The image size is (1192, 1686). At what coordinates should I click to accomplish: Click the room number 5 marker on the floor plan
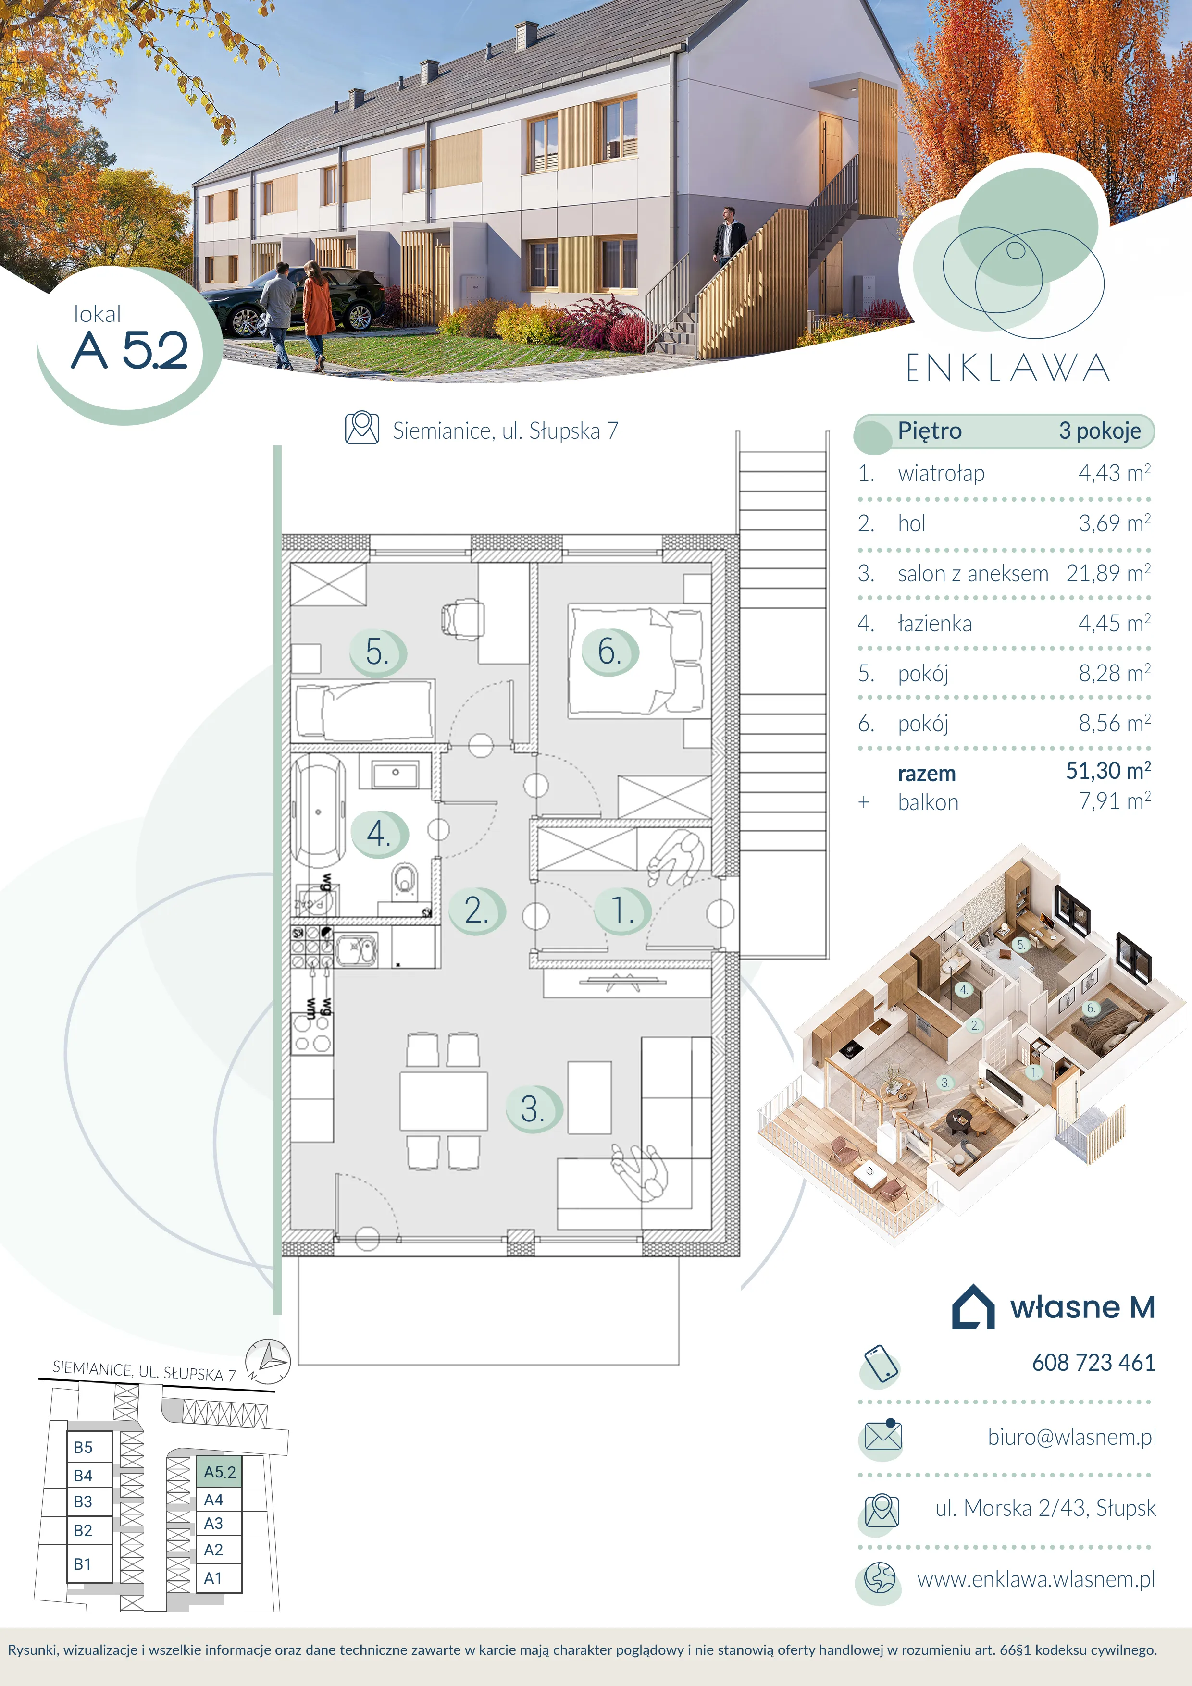pos(377,652)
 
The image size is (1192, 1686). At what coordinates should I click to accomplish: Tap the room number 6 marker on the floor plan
pos(609,652)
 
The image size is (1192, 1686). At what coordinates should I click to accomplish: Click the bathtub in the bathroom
pos(318,812)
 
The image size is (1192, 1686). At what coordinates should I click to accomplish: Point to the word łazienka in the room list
pos(935,624)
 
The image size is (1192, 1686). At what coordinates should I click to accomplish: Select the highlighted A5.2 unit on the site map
pos(219,1472)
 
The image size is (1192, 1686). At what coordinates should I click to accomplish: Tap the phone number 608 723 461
pos(1093,1363)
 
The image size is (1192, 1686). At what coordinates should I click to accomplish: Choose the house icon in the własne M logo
pos(973,1307)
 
